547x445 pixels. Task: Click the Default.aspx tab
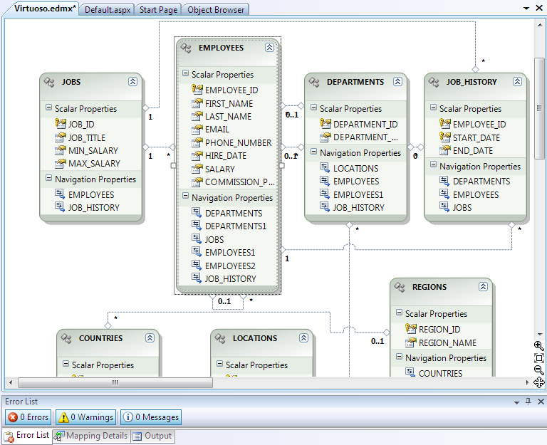(108, 10)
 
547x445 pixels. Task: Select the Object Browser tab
(216, 10)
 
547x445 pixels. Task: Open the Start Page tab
(158, 10)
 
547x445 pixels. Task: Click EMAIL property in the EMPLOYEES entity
(217, 130)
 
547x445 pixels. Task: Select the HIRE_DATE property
(226, 155)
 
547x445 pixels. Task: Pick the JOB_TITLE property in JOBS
(87, 137)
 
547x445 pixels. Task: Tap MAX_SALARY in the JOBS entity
(94, 164)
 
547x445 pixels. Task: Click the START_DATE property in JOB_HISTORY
(476, 137)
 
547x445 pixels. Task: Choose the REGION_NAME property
(447, 342)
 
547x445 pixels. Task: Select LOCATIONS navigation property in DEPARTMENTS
(356, 169)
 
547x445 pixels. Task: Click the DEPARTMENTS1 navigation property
(236, 226)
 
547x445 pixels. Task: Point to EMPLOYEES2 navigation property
(230, 266)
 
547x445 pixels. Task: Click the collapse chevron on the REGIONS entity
(483, 287)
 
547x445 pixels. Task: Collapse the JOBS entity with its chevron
(132, 82)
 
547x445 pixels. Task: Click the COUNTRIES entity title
(101, 338)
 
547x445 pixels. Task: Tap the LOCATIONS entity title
(255, 338)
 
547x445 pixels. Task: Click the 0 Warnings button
(86, 417)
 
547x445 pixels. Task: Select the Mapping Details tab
(91, 436)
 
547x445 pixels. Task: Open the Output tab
(153, 436)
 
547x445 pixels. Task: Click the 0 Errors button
(28, 417)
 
